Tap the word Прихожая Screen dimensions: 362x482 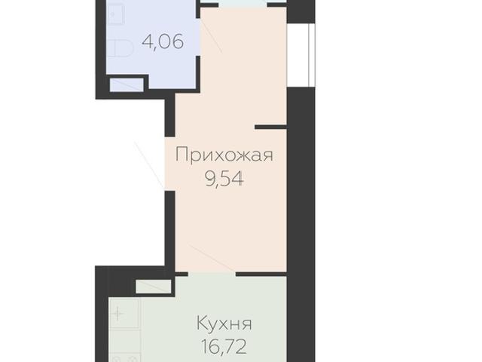[223, 156]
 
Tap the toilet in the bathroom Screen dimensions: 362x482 [120, 49]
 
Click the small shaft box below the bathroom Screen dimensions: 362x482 [125, 83]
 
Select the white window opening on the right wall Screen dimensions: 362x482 [305, 53]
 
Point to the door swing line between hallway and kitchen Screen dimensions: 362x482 [211, 258]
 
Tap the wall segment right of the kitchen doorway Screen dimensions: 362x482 [261, 273]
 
